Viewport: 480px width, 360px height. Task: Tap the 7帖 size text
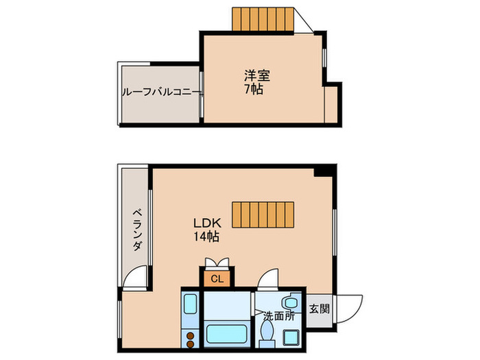coord(254,89)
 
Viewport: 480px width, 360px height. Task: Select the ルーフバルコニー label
coord(162,91)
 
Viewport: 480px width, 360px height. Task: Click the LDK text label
coord(205,224)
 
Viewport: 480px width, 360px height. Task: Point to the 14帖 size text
coord(206,237)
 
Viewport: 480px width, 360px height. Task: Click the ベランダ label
coord(136,230)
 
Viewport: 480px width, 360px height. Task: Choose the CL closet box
coord(217,278)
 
